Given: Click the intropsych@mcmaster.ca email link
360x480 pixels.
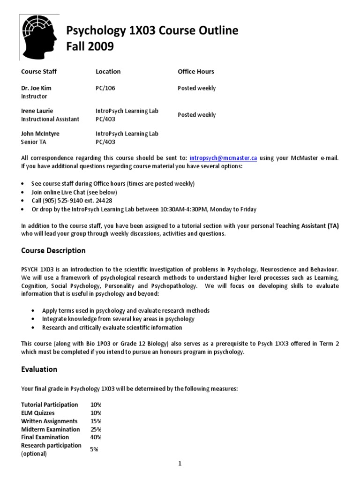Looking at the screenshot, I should click(223, 158).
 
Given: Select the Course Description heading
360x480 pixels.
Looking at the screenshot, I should click(53, 250).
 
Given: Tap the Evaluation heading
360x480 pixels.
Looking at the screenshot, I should click(39, 369).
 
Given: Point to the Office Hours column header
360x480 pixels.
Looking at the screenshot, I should click(196, 71).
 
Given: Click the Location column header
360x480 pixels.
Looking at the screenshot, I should click(108, 71).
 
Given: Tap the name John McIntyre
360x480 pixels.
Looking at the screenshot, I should click(40, 134).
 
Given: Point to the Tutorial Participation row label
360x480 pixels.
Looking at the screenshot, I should click(50, 405).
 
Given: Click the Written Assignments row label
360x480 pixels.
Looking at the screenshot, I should click(49, 421).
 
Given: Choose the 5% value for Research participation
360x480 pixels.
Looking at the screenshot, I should click(94, 449).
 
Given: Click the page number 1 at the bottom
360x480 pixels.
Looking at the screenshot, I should click(180, 464).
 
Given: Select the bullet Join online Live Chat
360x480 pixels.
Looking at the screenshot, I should click(74, 192).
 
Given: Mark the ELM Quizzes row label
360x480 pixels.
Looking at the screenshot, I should click(38, 412).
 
